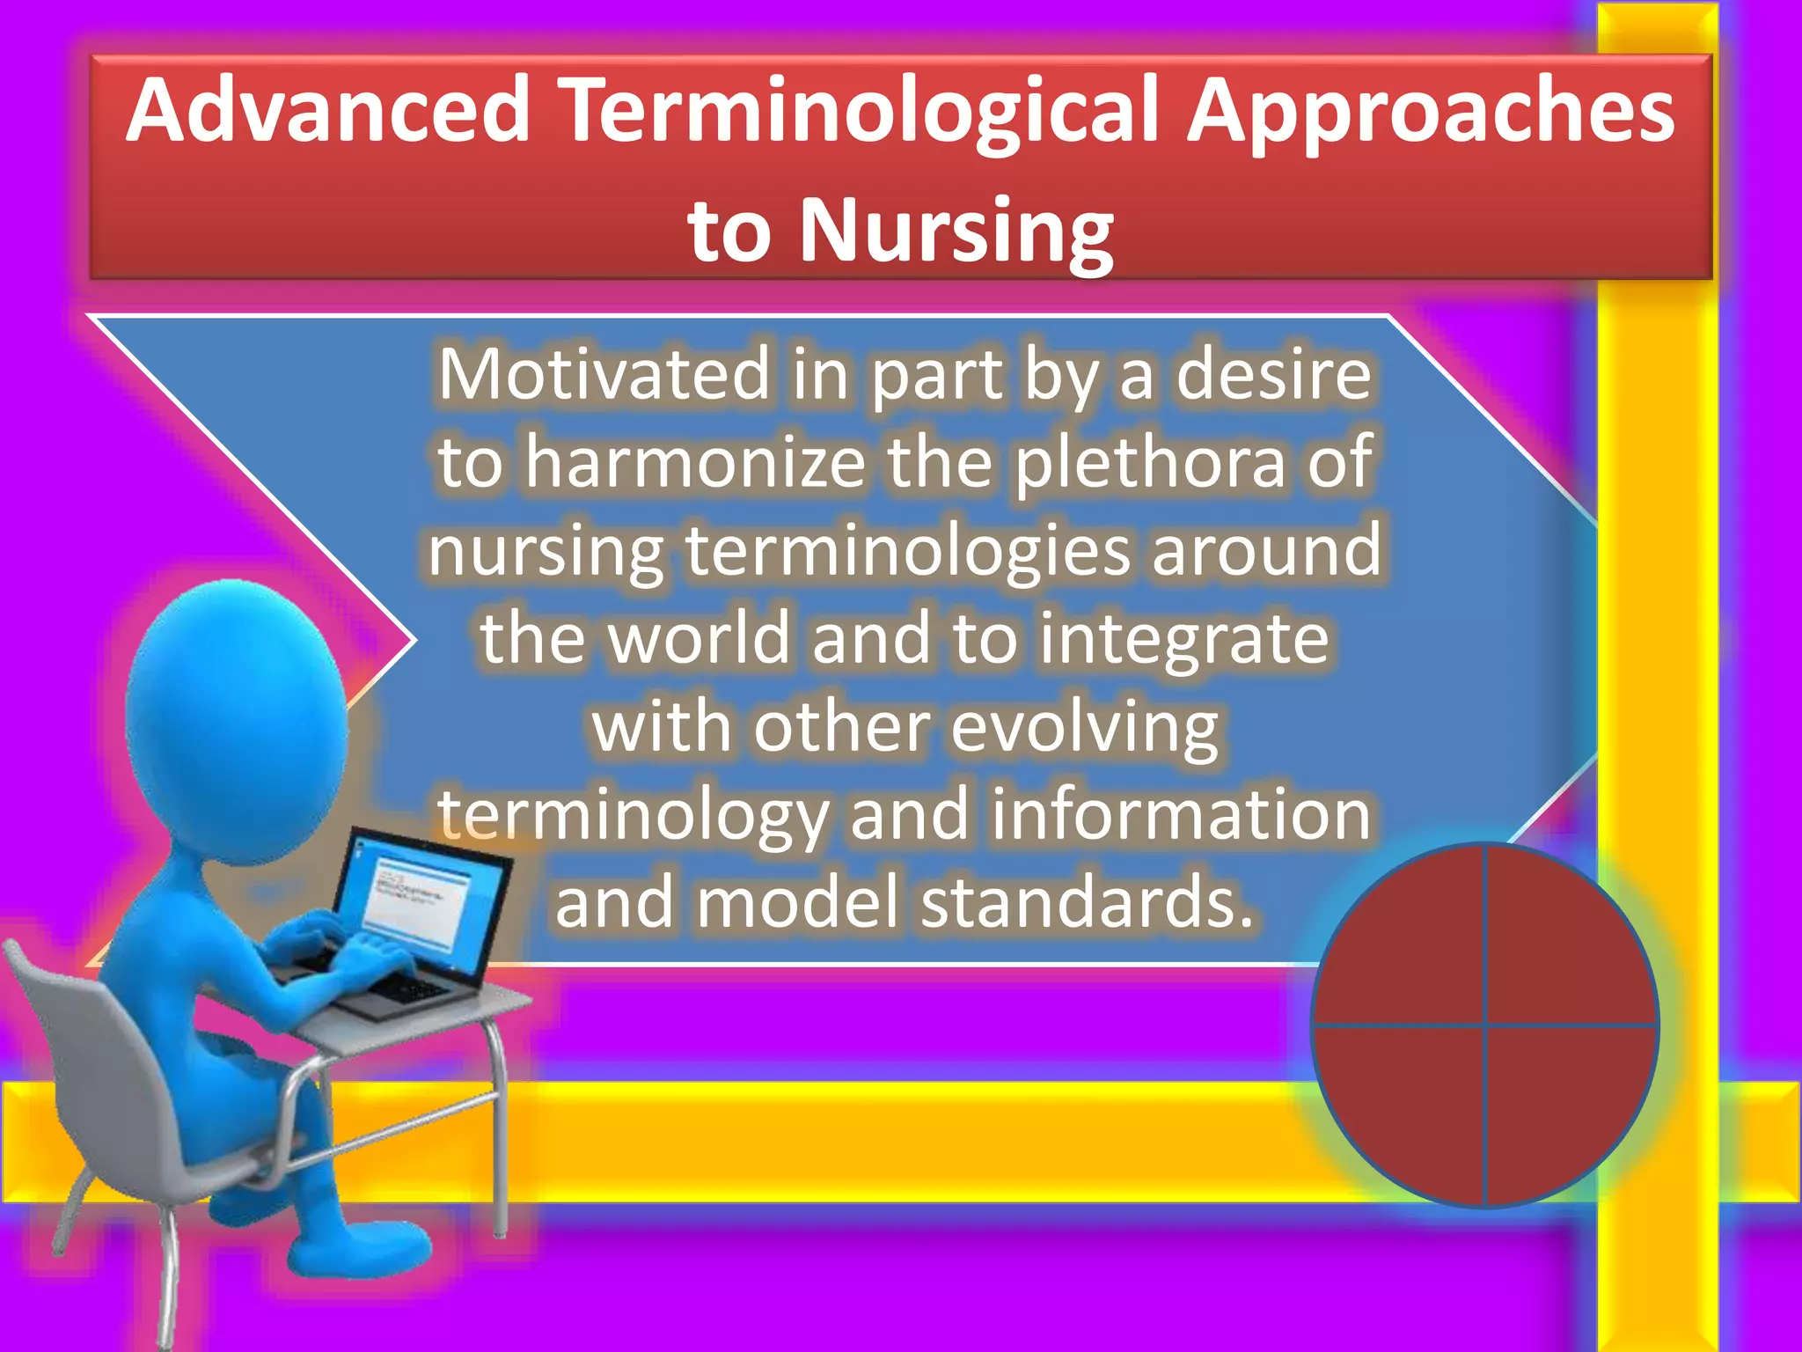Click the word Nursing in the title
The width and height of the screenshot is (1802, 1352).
(x=956, y=231)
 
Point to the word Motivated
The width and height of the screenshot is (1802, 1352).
(x=604, y=375)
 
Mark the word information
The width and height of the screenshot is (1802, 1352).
(x=1182, y=814)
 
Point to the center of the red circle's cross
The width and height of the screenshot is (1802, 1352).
(x=1484, y=1025)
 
